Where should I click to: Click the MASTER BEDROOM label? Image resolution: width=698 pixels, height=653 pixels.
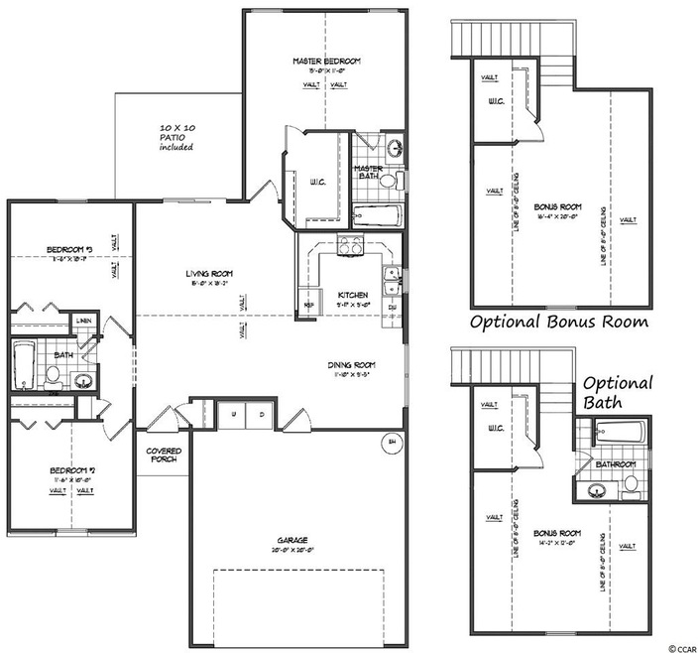[x=326, y=62]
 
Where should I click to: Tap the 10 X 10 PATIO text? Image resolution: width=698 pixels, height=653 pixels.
[x=177, y=137]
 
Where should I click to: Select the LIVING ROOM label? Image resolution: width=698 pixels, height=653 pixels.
[x=207, y=273]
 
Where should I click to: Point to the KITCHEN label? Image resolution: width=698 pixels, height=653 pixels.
[x=353, y=296]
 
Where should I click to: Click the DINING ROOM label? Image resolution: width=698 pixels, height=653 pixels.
[x=352, y=364]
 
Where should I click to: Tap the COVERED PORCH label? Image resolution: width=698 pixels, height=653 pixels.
[x=164, y=455]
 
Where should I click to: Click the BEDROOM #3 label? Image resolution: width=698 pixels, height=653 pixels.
[x=68, y=249]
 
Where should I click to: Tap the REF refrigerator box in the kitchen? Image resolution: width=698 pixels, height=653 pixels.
[x=308, y=304]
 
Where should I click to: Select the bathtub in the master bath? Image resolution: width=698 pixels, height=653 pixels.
[x=376, y=215]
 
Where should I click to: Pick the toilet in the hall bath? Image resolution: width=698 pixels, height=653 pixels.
[x=55, y=376]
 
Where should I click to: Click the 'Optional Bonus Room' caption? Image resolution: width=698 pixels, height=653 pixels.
[x=558, y=322]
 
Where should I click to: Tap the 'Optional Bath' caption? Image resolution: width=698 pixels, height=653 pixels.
[x=617, y=392]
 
